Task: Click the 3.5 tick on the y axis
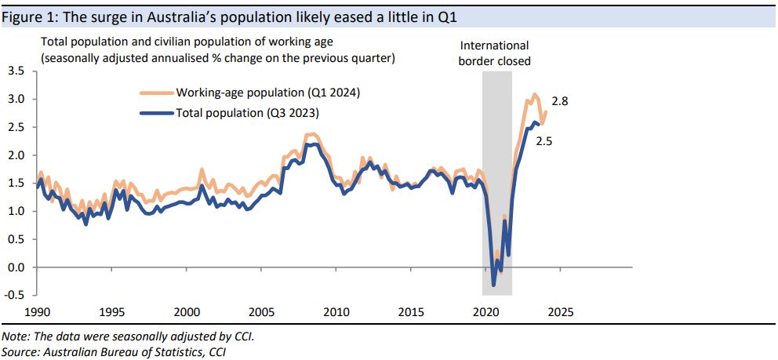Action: [16, 71]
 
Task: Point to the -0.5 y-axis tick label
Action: [14, 295]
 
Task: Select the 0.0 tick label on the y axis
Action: [16, 267]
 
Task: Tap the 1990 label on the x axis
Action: [38, 312]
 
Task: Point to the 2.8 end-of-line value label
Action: [560, 102]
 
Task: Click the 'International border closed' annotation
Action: [494, 53]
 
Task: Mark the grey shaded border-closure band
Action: [497, 180]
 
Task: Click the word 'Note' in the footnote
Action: [15, 336]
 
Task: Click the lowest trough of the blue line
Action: [494, 285]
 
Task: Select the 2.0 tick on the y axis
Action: [16, 155]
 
